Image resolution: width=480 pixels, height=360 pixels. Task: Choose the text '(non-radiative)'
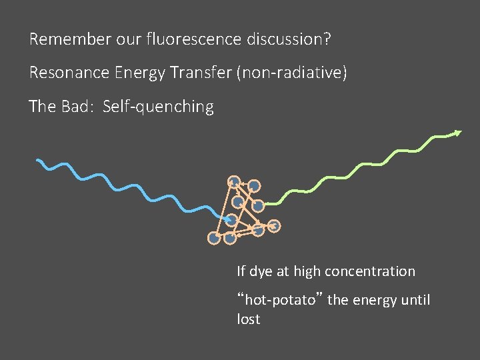tap(291, 73)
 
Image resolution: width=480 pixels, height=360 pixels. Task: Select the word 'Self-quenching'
tap(158, 107)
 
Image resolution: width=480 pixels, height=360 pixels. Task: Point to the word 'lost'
tap(248, 319)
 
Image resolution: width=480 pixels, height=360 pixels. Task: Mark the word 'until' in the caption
tap(415, 300)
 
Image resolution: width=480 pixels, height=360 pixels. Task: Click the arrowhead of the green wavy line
tap(457, 133)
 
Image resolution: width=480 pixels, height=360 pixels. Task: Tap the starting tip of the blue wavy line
tap(38, 161)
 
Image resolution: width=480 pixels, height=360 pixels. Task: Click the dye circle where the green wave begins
tap(258, 206)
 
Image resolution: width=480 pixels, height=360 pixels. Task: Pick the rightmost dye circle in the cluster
tap(275, 227)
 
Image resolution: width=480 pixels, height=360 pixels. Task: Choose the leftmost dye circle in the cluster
tap(213, 237)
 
